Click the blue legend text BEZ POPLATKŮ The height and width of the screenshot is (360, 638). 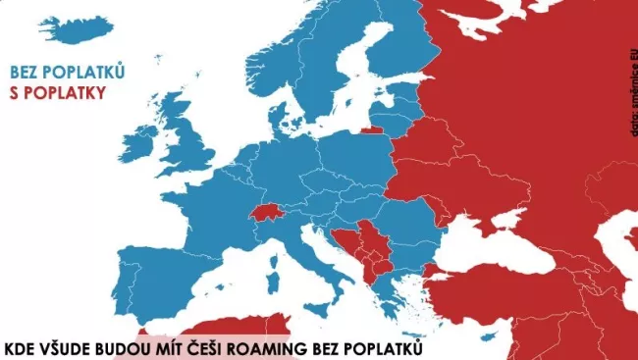click(67, 72)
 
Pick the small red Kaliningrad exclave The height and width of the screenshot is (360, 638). click(372, 129)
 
